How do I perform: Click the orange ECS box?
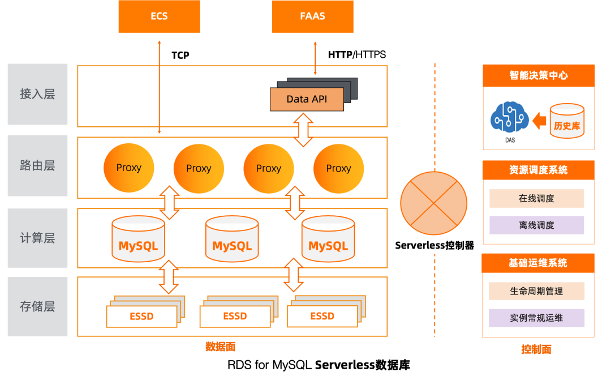click(159, 16)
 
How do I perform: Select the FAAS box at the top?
click(312, 16)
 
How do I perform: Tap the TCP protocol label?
click(180, 55)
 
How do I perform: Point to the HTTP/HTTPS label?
click(356, 55)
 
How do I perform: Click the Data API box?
click(307, 99)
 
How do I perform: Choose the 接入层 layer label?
click(37, 94)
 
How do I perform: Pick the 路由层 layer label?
click(37, 165)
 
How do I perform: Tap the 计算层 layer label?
click(37, 238)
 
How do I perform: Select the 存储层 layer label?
click(37, 306)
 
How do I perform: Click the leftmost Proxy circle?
click(128, 168)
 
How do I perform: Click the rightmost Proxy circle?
click(338, 168)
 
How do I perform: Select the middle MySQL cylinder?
click(232, 240)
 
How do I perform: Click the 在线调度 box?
click(536, 199)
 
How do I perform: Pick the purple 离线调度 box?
click(536, 225)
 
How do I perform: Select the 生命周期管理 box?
click(536, 291)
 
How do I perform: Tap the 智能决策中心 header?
click(538, 75)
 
